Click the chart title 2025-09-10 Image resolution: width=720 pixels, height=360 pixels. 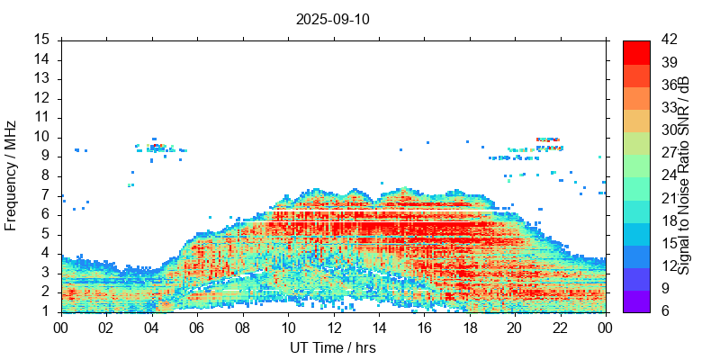click(333, 18)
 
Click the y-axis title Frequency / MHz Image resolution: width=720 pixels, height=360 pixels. click(11, 175)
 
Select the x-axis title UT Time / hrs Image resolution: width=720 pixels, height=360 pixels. click(333, 348)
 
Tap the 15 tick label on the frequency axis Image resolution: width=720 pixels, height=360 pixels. click(41, 40)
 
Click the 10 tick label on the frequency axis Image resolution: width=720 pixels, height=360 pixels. click(41, 137)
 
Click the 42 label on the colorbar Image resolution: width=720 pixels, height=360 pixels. click(669, 40)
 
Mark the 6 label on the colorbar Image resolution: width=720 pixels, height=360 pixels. click(665, 311)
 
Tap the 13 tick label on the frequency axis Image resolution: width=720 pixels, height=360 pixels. click(41, 78)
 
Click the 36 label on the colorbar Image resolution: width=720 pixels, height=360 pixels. click(669, 85)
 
